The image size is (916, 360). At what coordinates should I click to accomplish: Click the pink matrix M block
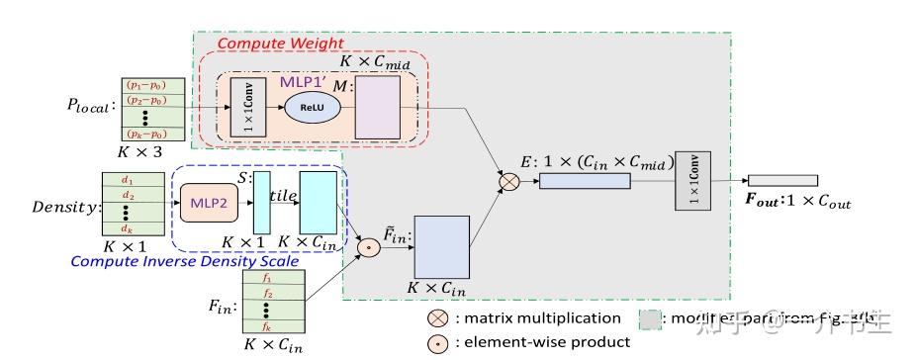[x=376, y=108]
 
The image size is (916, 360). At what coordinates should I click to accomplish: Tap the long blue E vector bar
[x=585, y=181]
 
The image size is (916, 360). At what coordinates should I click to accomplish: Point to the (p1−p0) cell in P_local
[x=145, y=86]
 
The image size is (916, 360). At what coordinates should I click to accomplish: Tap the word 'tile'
[x=285, y=197]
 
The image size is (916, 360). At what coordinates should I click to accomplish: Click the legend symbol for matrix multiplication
[x=436, y=318]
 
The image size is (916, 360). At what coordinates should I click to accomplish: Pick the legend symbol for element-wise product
[x=436, y=342]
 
